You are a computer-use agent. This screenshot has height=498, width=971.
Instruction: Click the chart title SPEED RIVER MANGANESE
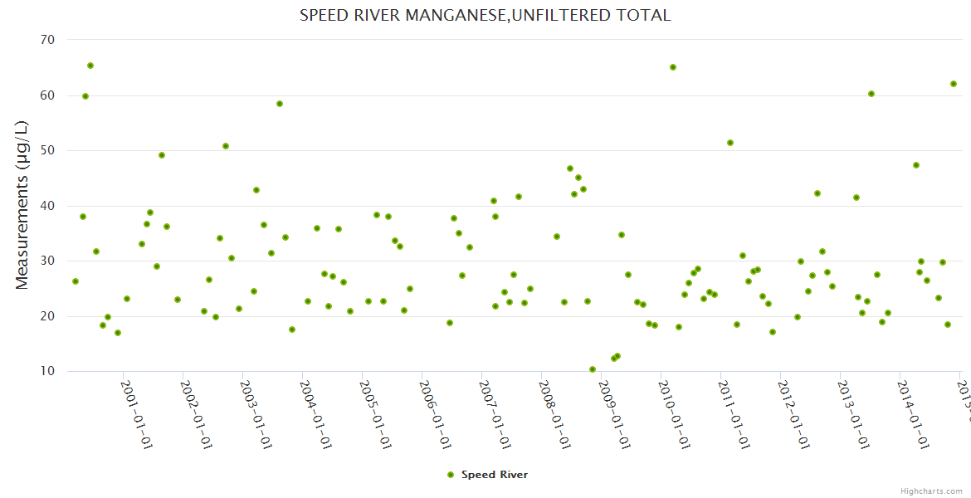point(486,15)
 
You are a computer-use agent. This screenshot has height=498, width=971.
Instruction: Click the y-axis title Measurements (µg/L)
point(22,205)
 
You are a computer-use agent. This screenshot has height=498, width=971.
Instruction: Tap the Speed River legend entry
point(487,475)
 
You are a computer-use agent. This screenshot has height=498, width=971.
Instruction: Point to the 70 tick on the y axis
point(47,40)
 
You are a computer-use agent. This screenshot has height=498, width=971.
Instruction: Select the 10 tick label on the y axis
point(47,371)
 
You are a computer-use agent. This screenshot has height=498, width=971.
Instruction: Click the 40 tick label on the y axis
point(47,206)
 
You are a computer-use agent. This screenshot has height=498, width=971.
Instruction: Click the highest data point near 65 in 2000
point(90,66)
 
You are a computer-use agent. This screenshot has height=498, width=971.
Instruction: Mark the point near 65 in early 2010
point(673,67)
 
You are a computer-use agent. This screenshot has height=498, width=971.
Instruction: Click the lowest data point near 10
point(593,369)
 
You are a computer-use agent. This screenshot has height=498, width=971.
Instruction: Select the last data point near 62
point(954,84)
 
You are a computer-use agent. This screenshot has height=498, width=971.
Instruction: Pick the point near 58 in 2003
point(280,104)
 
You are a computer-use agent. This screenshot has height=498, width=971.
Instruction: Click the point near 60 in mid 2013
point(871,94)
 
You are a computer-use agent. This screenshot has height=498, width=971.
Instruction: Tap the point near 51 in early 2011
point(730,143)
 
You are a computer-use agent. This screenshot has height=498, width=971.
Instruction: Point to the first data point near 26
point(76,281)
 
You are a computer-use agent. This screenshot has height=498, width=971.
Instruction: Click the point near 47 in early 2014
point(916,165)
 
